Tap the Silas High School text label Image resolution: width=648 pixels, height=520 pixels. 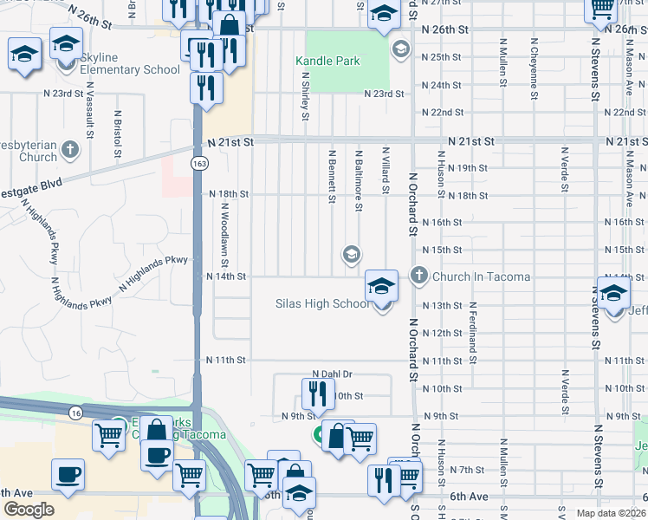pyautogui.click(x=322, y=304)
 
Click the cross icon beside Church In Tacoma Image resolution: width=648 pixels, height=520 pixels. pyautogui.click(x=419, y=276)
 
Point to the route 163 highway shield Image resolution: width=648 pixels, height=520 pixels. pyautogui.click(x=199, y=163)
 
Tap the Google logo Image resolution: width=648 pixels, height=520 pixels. pyautogui.click(x=29, y=510)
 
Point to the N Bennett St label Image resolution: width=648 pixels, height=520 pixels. pyautogui.click(x=331, y=177)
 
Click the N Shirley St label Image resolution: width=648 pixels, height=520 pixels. pyautogui.click(x=305, y=97)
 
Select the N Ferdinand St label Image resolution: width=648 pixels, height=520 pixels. pyautogui.click(x=474, y=327)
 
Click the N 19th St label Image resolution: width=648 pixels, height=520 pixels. pyautogui.click(x=468, y=167)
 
